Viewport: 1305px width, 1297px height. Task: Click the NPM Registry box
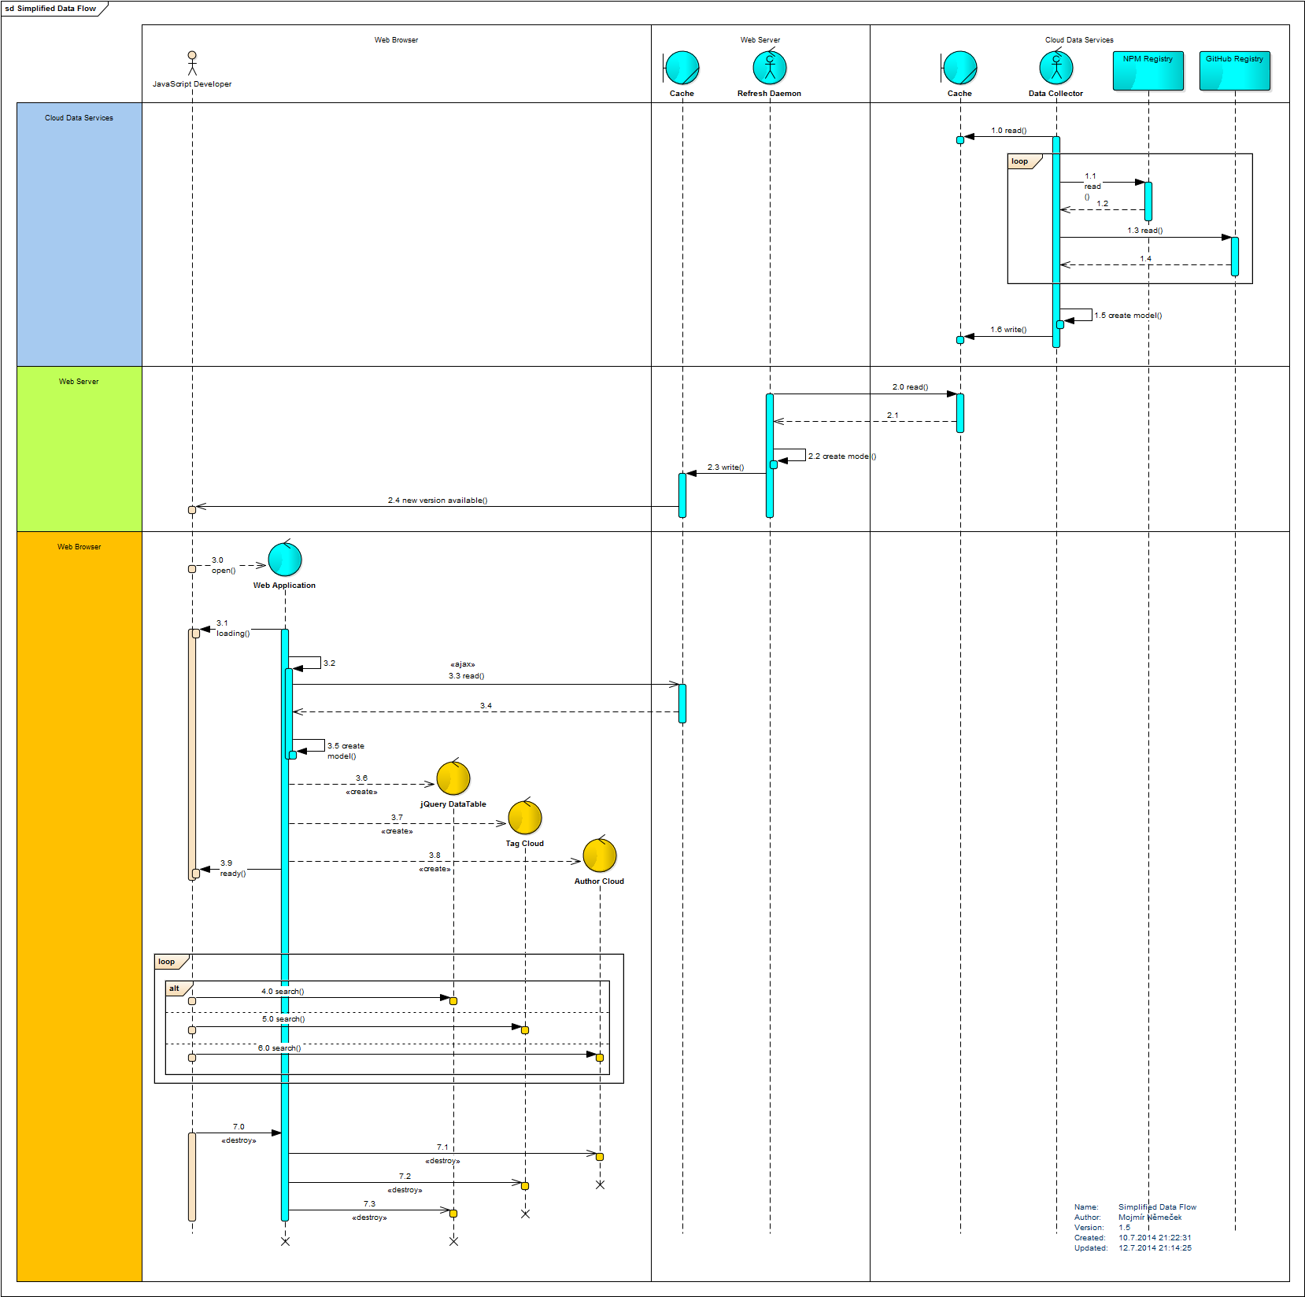[1148, 70]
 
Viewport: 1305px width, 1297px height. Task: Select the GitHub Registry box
[1234, 70]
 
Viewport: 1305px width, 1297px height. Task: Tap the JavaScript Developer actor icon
[192, 63]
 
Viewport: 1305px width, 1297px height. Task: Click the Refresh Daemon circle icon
[770, 68]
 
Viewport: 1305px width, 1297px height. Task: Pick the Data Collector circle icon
[1056, 68]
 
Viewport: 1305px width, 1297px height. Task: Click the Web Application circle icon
[285, 560]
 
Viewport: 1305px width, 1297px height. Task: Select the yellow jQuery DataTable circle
[453, 778]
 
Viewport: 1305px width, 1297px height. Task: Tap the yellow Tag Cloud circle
[525, 818]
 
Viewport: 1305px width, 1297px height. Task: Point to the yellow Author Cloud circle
[600, 855]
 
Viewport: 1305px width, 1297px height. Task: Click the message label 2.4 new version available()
[438, 501]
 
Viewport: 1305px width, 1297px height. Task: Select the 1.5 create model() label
[1128, 316]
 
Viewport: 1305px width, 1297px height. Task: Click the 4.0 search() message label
[283, 992]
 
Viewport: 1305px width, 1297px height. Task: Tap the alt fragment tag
[175, 988]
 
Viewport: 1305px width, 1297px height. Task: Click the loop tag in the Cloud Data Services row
[1020, 161]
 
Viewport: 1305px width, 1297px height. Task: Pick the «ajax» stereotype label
[463, 664]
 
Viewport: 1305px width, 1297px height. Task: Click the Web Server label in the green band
[79, 382]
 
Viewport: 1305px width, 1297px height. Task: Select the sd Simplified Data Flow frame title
[51, 9]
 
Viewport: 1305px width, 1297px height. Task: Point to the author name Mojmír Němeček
[1150, 1218]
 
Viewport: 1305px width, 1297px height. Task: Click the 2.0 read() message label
[910, 387]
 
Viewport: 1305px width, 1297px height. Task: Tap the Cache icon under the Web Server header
[682, 68]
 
